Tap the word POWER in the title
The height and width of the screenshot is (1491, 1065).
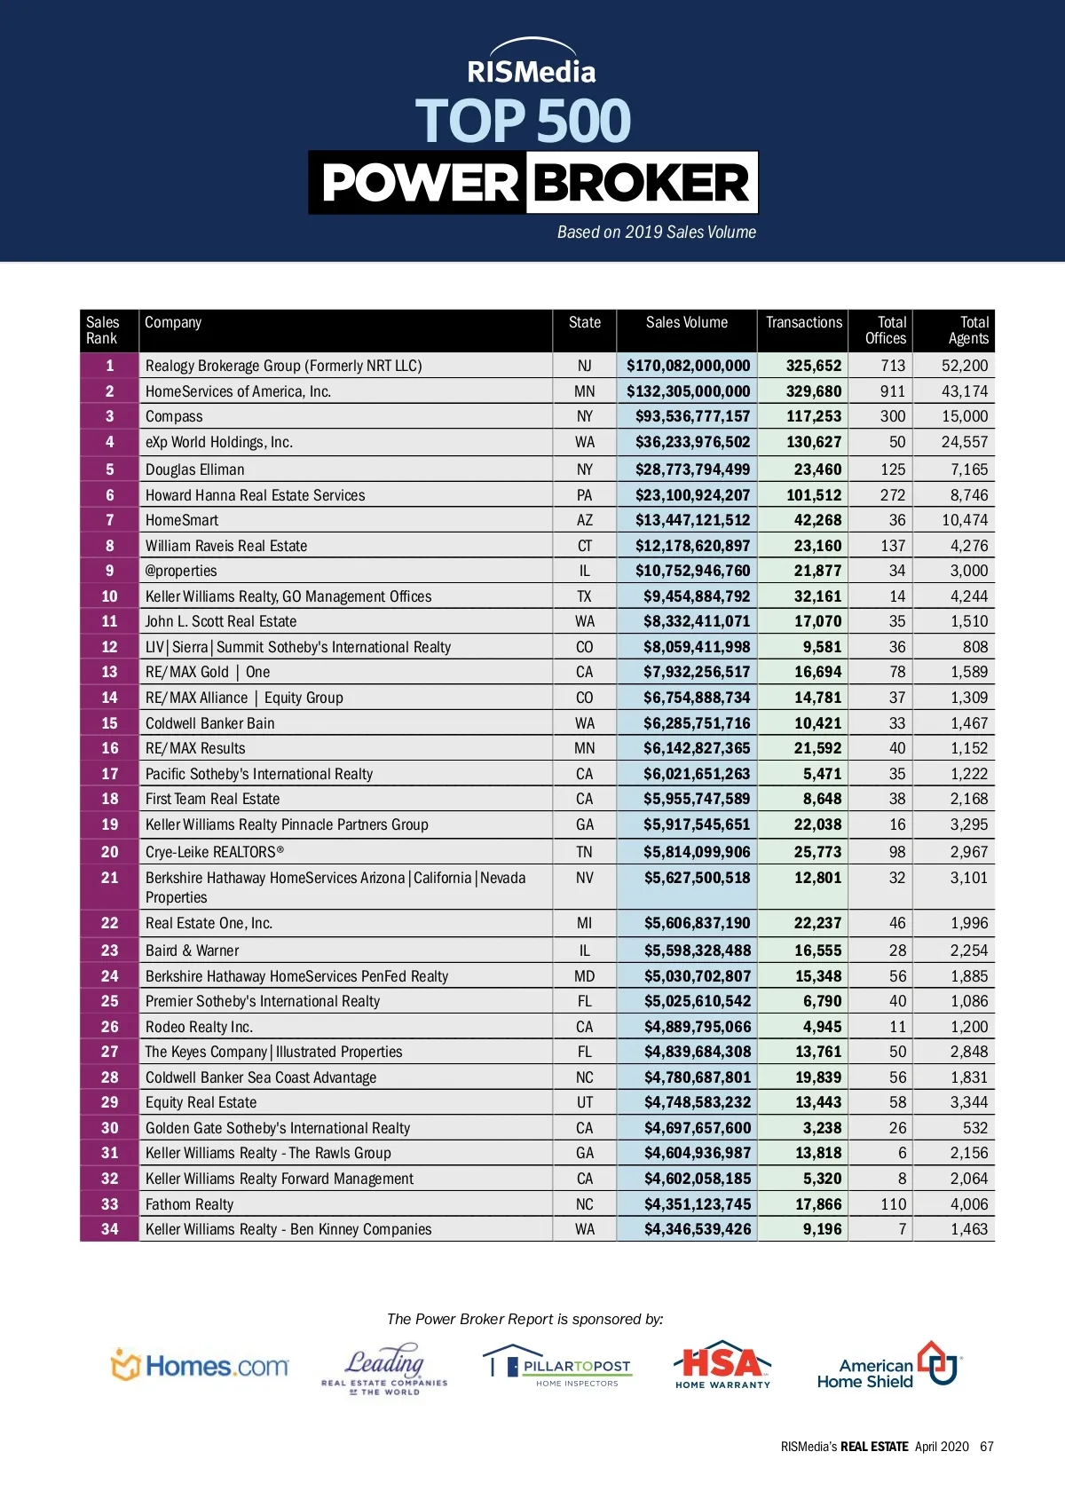point(419,183)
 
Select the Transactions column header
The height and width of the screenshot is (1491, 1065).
point(803,323)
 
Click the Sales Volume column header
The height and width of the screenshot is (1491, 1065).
point(686,323)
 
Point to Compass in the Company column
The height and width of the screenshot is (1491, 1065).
point(174,416)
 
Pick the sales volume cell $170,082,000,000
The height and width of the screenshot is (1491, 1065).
point(688,366)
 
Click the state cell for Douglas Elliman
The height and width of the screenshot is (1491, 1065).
point(584,469)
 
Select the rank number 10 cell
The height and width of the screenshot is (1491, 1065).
point(109,596)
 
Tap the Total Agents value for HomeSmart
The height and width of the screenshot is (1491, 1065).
point(964,520)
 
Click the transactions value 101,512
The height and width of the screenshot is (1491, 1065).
point(813,495)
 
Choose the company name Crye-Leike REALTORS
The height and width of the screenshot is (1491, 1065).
point(214,852)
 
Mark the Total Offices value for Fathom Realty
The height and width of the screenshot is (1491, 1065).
point(893,1204)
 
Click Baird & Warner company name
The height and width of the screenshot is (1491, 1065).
point(192,951)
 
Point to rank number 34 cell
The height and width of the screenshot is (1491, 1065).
point(109,1229)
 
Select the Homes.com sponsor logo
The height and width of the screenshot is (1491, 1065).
point(200,1366)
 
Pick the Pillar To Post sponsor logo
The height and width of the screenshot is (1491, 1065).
point(557,1366)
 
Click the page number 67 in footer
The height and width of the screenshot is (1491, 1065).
point(986,1447)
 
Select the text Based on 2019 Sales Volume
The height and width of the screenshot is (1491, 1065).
point(656,233)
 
